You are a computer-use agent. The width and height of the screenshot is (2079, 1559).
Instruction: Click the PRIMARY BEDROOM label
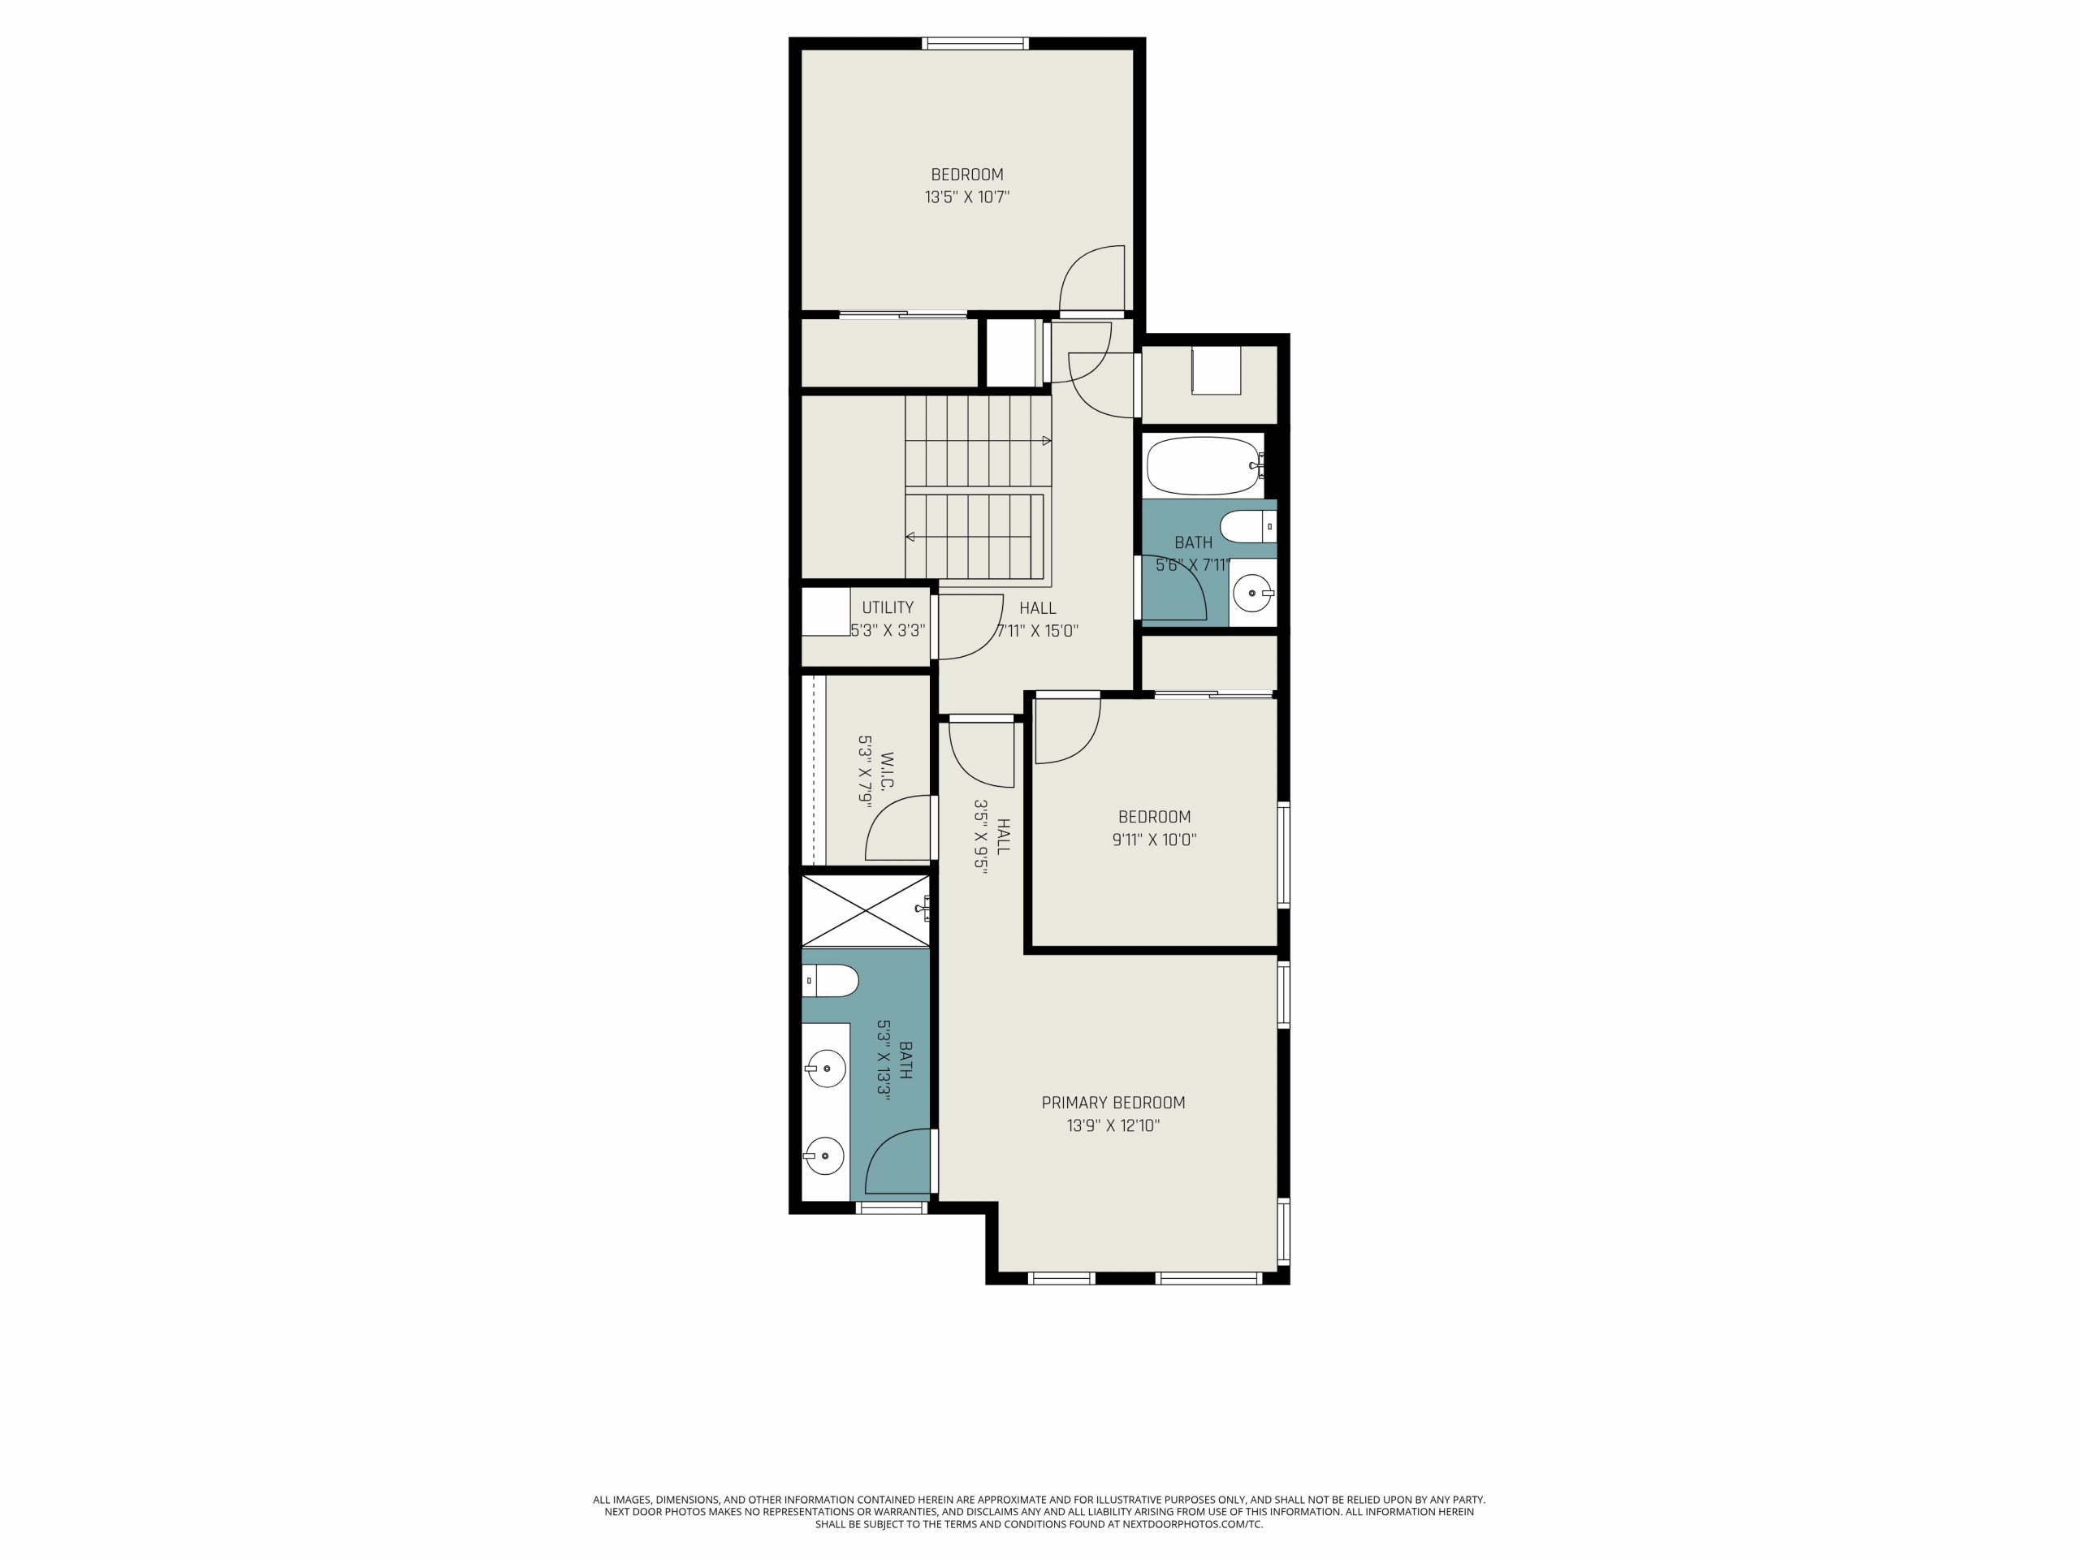coord(1113,1103)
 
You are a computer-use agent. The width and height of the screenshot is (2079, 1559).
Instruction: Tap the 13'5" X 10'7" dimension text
coord(967,197)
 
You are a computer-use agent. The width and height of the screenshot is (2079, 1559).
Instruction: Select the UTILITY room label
coord(888,608)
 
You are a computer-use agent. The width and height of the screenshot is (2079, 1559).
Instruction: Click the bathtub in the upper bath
coord(1202,466)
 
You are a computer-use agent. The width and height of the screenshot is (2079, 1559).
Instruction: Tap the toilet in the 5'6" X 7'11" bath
coord(1248,527)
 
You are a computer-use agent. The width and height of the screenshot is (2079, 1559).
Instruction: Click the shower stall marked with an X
coord(865,910)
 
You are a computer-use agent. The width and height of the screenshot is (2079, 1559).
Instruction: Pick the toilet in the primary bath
coord(831,981)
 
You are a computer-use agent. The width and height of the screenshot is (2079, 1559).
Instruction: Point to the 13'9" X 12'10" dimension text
coord(1113,1125)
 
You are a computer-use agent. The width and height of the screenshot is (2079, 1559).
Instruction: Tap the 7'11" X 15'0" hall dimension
coord(1037,632)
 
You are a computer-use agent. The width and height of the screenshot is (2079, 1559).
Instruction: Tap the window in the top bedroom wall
coord(975,43)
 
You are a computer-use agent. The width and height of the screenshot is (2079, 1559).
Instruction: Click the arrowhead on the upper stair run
coord(1047,441)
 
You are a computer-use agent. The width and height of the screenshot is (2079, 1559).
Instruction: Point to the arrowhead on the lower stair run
coord(910,537)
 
